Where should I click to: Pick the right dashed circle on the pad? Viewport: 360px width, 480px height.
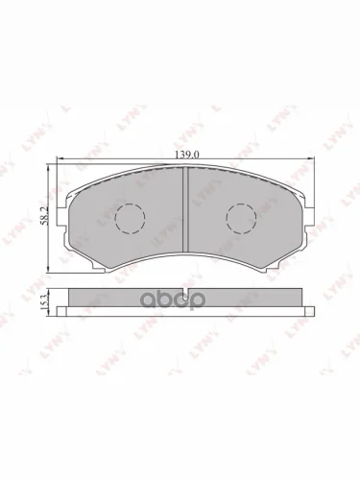[x=240, y=219]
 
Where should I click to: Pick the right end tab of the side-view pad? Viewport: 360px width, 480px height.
[x=310, y=310]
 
